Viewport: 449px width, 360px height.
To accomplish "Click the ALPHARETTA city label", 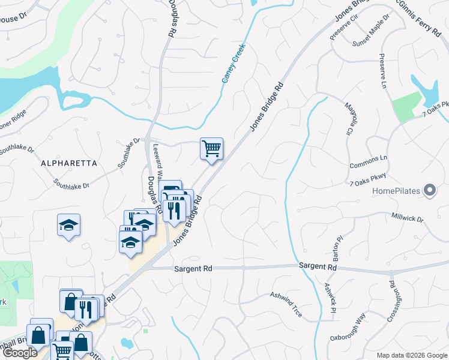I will (64, 163).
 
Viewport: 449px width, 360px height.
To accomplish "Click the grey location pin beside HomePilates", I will (429, 191).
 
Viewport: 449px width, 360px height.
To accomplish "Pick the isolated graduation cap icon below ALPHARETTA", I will (69, 226).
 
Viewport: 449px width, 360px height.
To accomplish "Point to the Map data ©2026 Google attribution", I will (411, 355).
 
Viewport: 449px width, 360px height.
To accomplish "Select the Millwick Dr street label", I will (408, 217).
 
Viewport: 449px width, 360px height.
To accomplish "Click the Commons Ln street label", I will (369, 161).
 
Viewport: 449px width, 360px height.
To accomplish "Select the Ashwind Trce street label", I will (286, 304).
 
